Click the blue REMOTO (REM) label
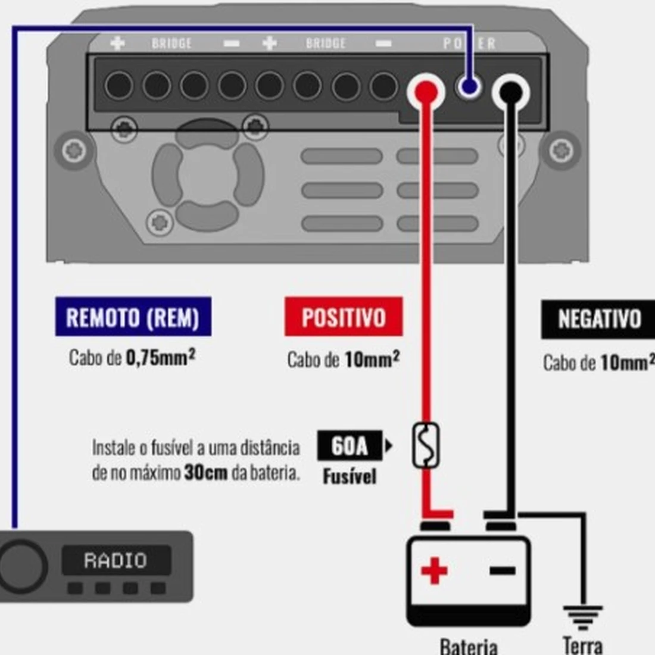133,317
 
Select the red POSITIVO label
344,317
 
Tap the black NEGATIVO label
598,319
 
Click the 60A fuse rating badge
349,445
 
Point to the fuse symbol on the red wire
426,445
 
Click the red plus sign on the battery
434,571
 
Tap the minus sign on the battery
503,571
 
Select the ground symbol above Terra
582,616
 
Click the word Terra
582,645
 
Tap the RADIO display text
116,560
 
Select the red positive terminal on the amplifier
426,92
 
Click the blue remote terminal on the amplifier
469,88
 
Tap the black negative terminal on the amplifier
510,92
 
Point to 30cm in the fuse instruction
206,473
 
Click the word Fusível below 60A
350,476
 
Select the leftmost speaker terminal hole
119,86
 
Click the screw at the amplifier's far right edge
561,150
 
